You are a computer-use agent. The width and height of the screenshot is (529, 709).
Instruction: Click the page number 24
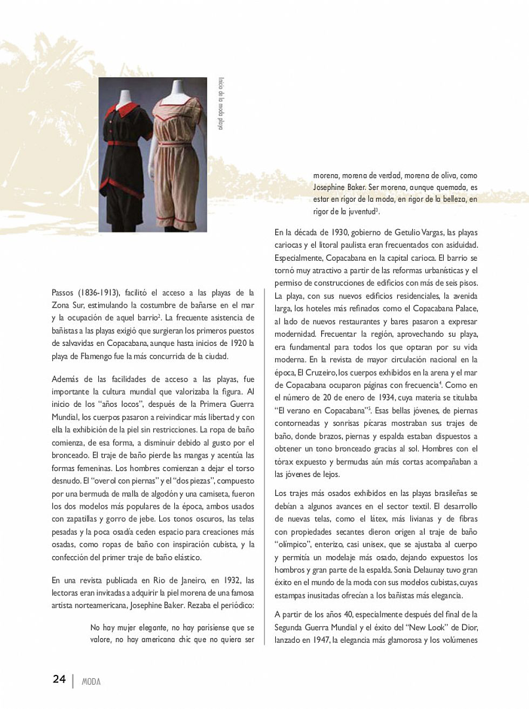coord(59,679)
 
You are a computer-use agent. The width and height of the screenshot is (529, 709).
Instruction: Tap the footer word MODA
coord(91,681)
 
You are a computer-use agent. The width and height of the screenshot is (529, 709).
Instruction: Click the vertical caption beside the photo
coord(220,103)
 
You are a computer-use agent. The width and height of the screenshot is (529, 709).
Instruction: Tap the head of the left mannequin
coord(125,89)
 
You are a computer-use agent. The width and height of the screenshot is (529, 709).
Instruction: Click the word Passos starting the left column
coord(64,293)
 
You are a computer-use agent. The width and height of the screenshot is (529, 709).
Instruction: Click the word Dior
coord(470,627)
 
